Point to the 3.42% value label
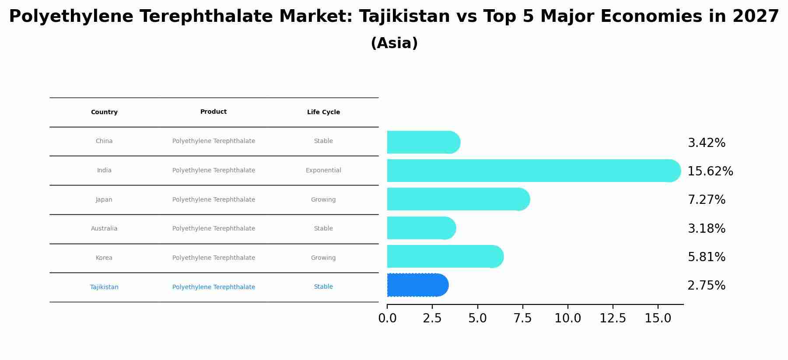(x=706, y=143)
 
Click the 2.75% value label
(x=706, y=286)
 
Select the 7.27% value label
(x=706, y=200)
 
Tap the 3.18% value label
(x=706, y=229)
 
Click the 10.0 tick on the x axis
(x=567, y=318)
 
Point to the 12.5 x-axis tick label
(x=613, y=318)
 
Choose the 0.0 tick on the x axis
(x=387, y=318)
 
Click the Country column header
(x=104, y=112)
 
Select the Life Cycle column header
(x=323, y=112)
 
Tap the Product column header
(x=214, y=112)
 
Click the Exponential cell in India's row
(x=323, y=171)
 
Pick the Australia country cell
(x=104, y=229)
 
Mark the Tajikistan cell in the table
(x=104, y=287)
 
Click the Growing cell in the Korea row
(x=323, y=258)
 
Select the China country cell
(x=104, y=141)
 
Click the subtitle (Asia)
(x=394, y=43)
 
